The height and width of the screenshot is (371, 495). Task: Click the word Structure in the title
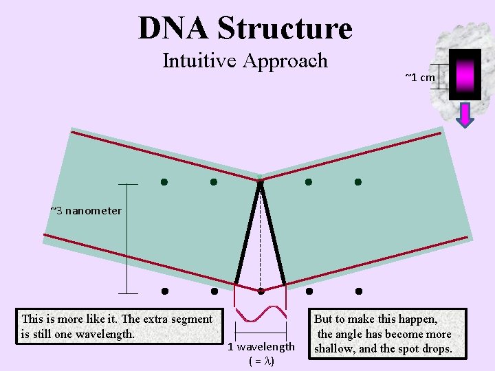tap(285, 28)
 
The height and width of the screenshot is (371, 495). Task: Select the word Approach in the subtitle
tap(289, 62)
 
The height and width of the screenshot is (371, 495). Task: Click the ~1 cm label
tap(420, 77)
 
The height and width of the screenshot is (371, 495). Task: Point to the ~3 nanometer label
tap(86, 210)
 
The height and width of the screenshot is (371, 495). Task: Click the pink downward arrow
tap(465, 115)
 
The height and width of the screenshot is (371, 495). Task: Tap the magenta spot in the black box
tap(465, 74)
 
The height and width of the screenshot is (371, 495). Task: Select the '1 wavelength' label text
tap(261, 346)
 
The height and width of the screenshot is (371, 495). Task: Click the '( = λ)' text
tap(261, 361)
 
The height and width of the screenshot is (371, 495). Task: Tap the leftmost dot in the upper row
tap(164, 182)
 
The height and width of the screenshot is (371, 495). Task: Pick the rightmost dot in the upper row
tap(358, 182)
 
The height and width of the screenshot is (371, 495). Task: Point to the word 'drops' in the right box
tap(435, 348)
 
